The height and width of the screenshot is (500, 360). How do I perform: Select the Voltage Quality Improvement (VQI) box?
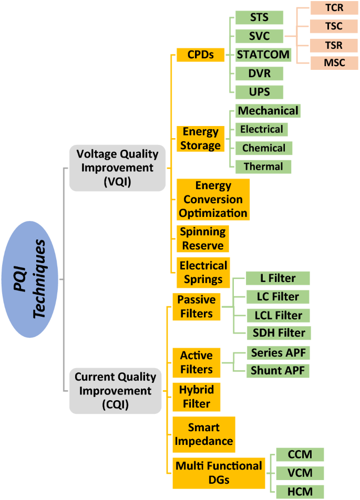(117, 168)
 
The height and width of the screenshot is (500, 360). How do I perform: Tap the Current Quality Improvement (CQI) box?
(115, 391)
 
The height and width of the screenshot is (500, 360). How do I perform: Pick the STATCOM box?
(263, 54)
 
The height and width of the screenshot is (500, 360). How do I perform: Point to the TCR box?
(334, 8)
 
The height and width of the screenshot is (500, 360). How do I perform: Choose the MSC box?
(334, 63)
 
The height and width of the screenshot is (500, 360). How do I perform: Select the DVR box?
(260, 73)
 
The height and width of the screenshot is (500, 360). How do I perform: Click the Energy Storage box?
(200, 139)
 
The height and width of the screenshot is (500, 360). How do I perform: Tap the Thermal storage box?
(263, 166)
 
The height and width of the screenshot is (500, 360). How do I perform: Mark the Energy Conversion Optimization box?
(213, 200)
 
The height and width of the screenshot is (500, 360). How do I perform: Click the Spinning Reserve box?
(202, 239)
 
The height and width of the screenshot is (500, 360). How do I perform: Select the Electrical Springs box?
(202, 272)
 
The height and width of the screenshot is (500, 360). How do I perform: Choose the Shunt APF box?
(278, 371)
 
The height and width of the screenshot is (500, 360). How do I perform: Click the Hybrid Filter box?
(194, 397)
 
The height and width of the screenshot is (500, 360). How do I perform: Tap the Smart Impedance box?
(204, 434)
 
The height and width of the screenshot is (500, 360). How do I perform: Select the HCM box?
(300, 492)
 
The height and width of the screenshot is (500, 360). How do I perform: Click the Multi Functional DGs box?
(219, 473)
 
